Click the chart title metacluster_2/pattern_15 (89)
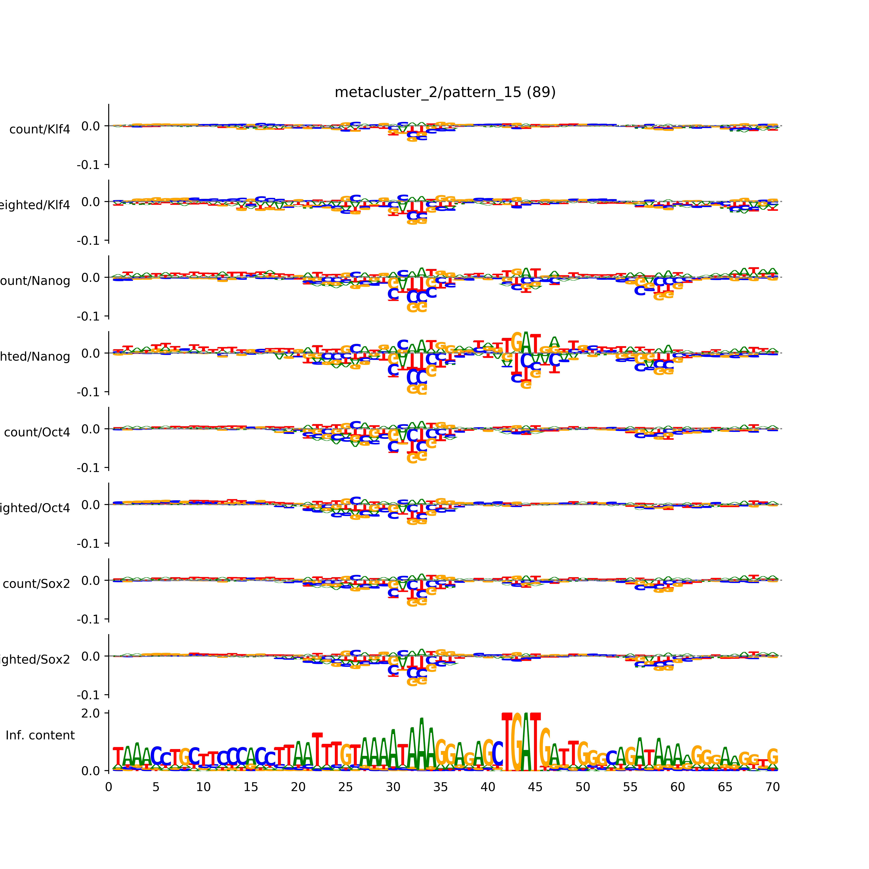click(445, 92)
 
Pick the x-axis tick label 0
click(108, 787)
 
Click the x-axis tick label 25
click(345, 787)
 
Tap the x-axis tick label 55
click(630, 787)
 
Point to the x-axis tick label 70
click(772, 787)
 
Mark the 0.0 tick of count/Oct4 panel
click(90, 429)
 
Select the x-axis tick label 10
click(203, 787)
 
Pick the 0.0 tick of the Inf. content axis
click(90, 771)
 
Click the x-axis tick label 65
click(725, 787)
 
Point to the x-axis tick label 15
click(251, 787)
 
